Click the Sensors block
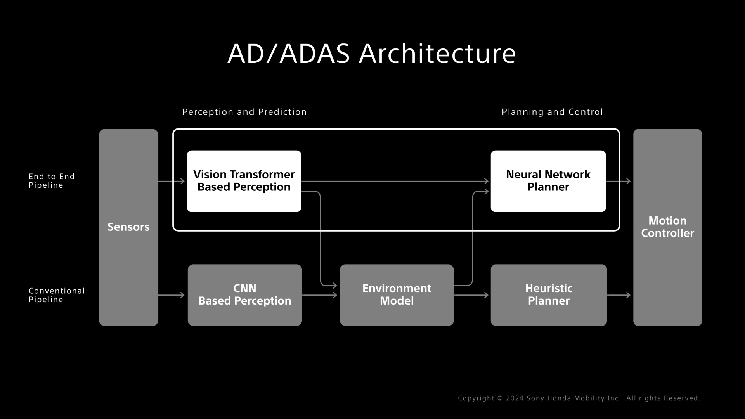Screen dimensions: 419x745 [x=128, y=227]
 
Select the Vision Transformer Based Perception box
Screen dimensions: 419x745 [x=244, y=181]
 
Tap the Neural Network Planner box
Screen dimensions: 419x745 [x=548, y=181]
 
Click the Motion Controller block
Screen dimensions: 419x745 [x=667, y=227]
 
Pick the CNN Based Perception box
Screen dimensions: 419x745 [x=244, y=295]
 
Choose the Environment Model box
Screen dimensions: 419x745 [x=397, y=295]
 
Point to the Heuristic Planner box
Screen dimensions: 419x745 [x=548, y=295]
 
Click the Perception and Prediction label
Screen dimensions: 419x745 [x=244, y=112]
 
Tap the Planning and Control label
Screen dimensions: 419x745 [x=552, y=112]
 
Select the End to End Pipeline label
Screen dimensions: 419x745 [x=51, y=181]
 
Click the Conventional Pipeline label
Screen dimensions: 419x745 [x=56, y=295]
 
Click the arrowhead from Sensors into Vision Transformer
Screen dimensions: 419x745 [x=182, y=181]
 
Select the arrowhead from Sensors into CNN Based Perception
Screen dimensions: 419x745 [x=182, y=295]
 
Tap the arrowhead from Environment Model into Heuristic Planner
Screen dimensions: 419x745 [x=486, y=295]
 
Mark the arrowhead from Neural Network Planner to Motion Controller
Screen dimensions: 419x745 [x=628, y=181]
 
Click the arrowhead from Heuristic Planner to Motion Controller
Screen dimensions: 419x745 [x=628, y=295]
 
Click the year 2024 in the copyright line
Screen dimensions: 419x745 [x=515, y=398]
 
